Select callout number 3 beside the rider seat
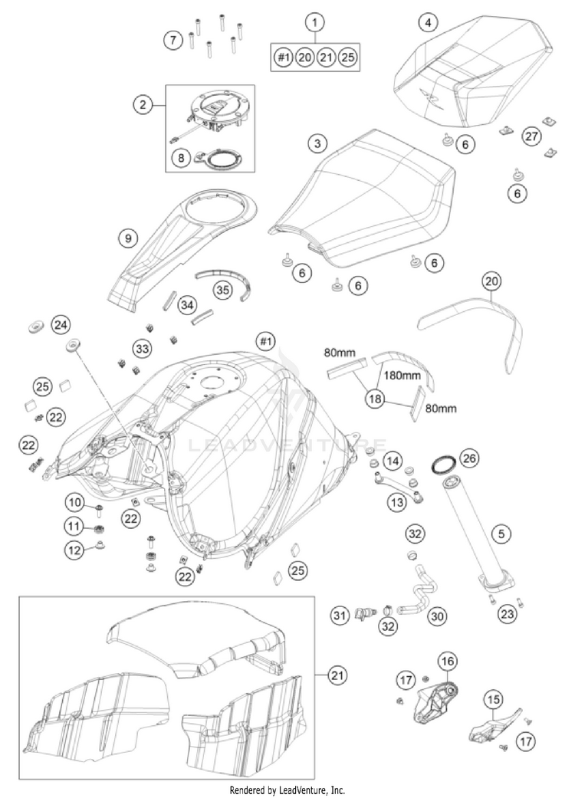(x=315, y=143)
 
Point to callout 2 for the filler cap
(x=143, y=104)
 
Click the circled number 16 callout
(x=446, y=659)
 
